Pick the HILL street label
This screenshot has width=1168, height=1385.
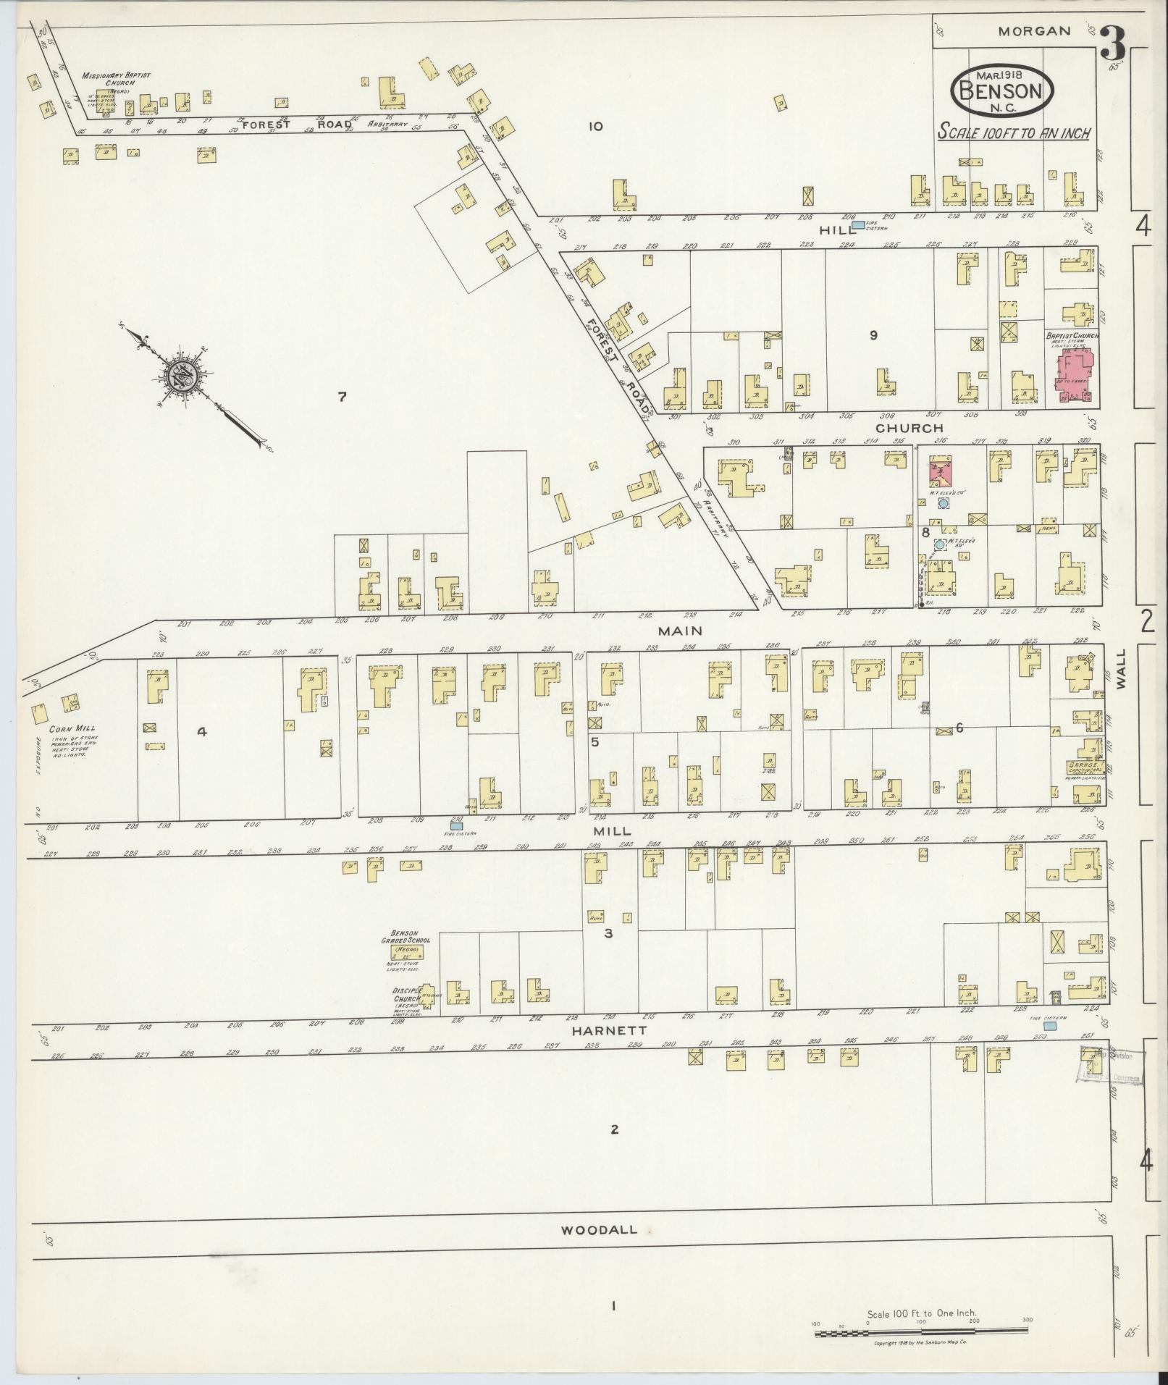pyautogui.click(x=834, y=229)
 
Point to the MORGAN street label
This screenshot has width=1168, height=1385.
pyautogui.click(x=1033, y=30)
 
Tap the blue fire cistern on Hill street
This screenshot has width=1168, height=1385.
pyautogui.click(x=858, y=225)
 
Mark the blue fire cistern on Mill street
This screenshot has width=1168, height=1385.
pyautogui.click(x=457, y=825)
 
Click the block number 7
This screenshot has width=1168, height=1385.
pyautogui.click(x=343, y=396)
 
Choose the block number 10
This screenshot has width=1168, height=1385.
pyautogui.click(x=595, y=127)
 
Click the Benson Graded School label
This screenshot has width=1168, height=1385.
pyautogui.click(x=410, y=940)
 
